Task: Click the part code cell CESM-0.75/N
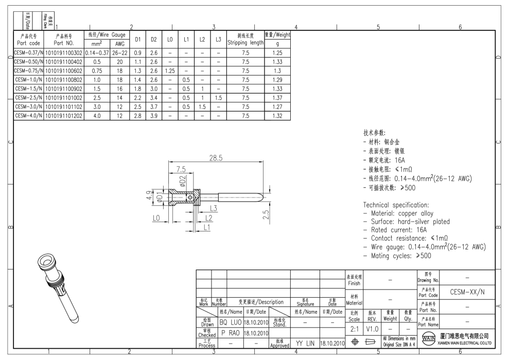29,70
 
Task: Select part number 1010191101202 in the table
64,116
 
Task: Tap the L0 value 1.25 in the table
170,70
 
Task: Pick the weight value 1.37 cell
277,98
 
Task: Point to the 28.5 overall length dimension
216,158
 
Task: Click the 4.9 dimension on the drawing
149,195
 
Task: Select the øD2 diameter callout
182,181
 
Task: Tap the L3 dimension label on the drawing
213,208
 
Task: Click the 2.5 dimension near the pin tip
266,214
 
